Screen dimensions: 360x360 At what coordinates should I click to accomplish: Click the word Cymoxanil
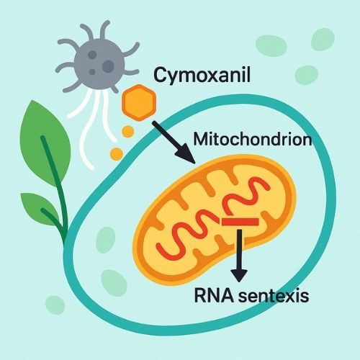[x=202, y=76]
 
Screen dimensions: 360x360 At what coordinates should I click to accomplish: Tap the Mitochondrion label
[x=253, y=139]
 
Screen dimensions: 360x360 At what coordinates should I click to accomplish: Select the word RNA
[x=214, y=295]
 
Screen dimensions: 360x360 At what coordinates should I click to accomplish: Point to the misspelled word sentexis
[x=273, y=296]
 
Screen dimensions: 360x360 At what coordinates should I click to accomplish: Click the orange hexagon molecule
[x=139, y=102]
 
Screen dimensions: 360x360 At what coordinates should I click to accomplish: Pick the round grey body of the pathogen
[x=99, y=63]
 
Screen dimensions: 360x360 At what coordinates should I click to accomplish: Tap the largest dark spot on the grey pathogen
[x=108, y=66]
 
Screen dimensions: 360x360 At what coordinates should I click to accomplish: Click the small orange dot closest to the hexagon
[x=128, y=132]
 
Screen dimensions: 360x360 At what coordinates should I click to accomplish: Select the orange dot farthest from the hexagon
[x=117, y=154]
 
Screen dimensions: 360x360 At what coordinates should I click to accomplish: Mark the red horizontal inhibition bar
[x=240, y=222]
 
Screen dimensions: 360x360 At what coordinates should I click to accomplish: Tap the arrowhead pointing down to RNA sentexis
[x=239, y=276]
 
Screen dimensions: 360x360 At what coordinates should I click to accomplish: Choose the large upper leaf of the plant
[x=45, y=142]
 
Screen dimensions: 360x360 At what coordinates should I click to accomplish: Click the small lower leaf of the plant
[x=40, y=208]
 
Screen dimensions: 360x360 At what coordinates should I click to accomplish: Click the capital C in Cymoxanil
[x=160, y=75]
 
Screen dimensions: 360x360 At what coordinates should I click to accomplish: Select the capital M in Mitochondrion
[x=201, y=138]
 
